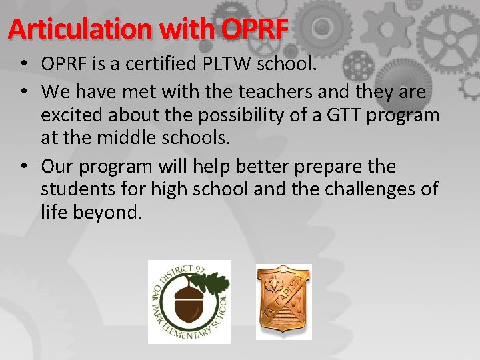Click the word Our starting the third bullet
coord(56,165)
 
